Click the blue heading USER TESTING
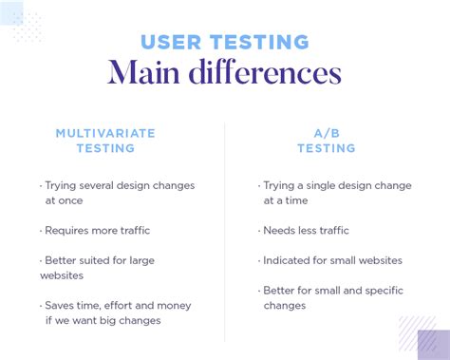[x=225, y=42]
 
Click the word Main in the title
[x=141, y=72]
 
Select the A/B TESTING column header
[x=326, y=141]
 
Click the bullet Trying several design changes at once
[x=117, y=193]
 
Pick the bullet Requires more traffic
[x=95, y=230]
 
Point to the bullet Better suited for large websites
[x=97, y=267]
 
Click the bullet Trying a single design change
[x=335, y=193]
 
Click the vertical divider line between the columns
[x=225, y=228]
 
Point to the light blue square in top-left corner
[x=11, y=12]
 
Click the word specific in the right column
[x=384, y=290]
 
